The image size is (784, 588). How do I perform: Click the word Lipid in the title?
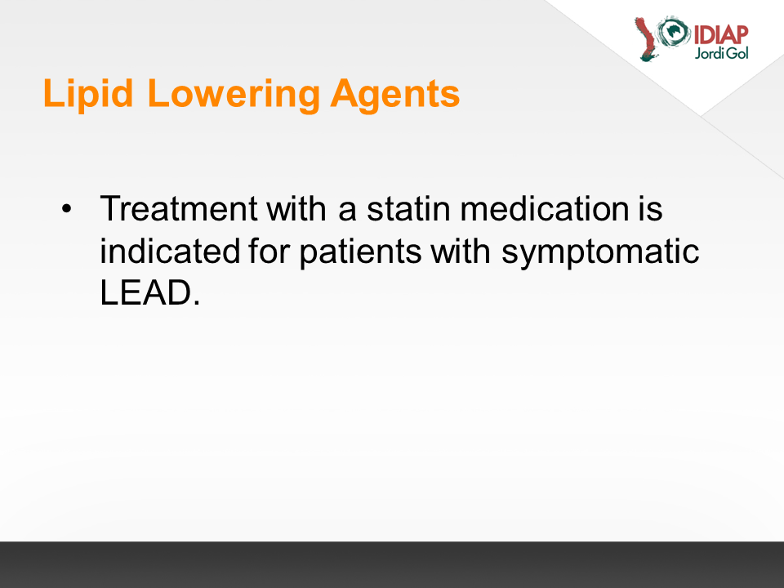tap(88, 93)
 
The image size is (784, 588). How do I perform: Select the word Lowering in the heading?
tap(234, 93)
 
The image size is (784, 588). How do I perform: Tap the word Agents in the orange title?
tap(395, 93)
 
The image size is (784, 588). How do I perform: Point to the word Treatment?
tap(179, 208)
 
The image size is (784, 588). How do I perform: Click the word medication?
tap(545, 208)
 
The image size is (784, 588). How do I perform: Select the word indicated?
tap(170, 251)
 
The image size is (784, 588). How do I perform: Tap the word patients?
tap(360, 252)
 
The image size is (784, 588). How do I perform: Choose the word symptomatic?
tap(600, 252)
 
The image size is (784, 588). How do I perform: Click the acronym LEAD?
tap(150, 292)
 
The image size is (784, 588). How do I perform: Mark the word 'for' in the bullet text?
tap(269, 251)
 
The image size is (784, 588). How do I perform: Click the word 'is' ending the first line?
tap(651, 208)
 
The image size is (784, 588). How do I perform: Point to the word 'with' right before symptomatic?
tap(461, 251)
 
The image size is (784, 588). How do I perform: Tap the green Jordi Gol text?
tap(721, 53)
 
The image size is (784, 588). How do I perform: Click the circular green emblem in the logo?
tap(673, 32)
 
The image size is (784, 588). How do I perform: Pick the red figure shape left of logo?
tap(646, 39)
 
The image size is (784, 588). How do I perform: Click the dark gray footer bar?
tap(392, 564)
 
